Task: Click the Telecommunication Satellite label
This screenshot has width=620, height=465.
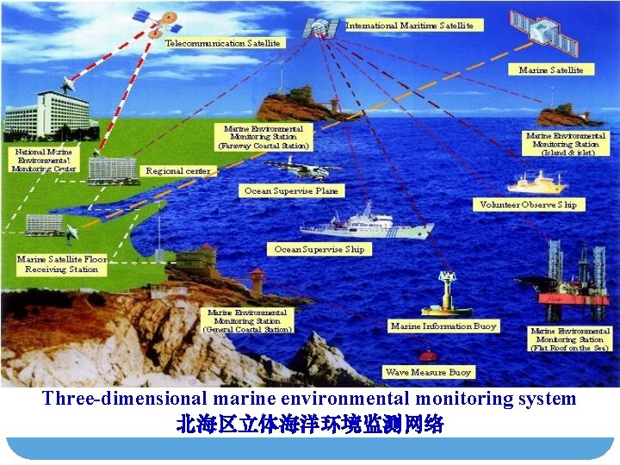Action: [222, 43]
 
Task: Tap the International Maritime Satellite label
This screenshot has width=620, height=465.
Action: [409, 26]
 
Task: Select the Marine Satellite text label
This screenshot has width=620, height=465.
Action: [551, 70]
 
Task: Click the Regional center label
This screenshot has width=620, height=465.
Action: [178, 171]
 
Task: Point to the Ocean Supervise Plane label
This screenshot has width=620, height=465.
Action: [291, 191]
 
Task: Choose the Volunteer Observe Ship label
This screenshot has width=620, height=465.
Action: [528, 205]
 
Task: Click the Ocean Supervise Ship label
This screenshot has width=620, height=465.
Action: [319, 250]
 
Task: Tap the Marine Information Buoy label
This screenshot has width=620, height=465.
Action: [443, 326]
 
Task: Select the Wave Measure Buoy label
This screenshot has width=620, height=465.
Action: [428, 372]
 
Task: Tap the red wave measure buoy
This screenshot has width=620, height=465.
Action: [427, 356]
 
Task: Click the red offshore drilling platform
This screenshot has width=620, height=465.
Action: [573, 284]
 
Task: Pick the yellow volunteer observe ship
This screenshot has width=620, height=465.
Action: [536, 183]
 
